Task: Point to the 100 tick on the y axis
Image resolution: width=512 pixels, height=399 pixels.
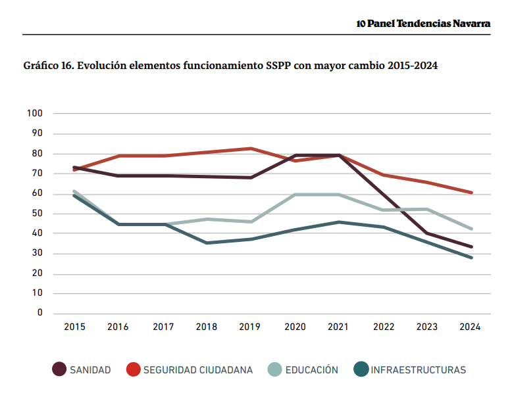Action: pyautogui.click(x=35, y=114)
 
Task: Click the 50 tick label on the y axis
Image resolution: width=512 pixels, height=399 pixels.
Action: pyautogui.click(x=37, y=214)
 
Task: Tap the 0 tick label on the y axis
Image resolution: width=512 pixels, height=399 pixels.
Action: pyautogui.click(x=39, y=314)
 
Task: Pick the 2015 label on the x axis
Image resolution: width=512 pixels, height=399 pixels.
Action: pyautogui.click(x=74, y=327)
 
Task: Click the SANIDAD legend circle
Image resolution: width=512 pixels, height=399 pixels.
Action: pyautogui.click(x=59, y=369)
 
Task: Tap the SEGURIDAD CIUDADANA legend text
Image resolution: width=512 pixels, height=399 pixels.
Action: pyautogui.click(x=198, y=370)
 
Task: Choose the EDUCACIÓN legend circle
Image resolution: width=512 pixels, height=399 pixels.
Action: pyautogui.click(x=274, y=369)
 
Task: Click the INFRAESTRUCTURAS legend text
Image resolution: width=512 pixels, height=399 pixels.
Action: pyautogui.click(x=418, y=370)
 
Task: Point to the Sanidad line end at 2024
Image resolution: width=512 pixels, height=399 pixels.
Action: pyautogui.click(x=471, y=246)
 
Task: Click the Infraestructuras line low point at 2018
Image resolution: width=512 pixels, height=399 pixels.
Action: pyautogui.click(x=207, y=243)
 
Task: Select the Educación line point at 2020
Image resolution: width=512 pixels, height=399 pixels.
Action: pyautogui.click(x=295, y=195)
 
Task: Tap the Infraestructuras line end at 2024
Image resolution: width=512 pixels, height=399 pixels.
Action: pyautogui.click(x=471, y=258)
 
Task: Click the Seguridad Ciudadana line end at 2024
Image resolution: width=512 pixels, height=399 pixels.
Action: pyautogui.click(x=471, y=193)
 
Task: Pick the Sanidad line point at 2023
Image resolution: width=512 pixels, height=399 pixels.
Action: pyautogui.click(x=428, y=233)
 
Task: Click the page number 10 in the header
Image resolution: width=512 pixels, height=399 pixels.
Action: pyautogui.click(x=361, y=24)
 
